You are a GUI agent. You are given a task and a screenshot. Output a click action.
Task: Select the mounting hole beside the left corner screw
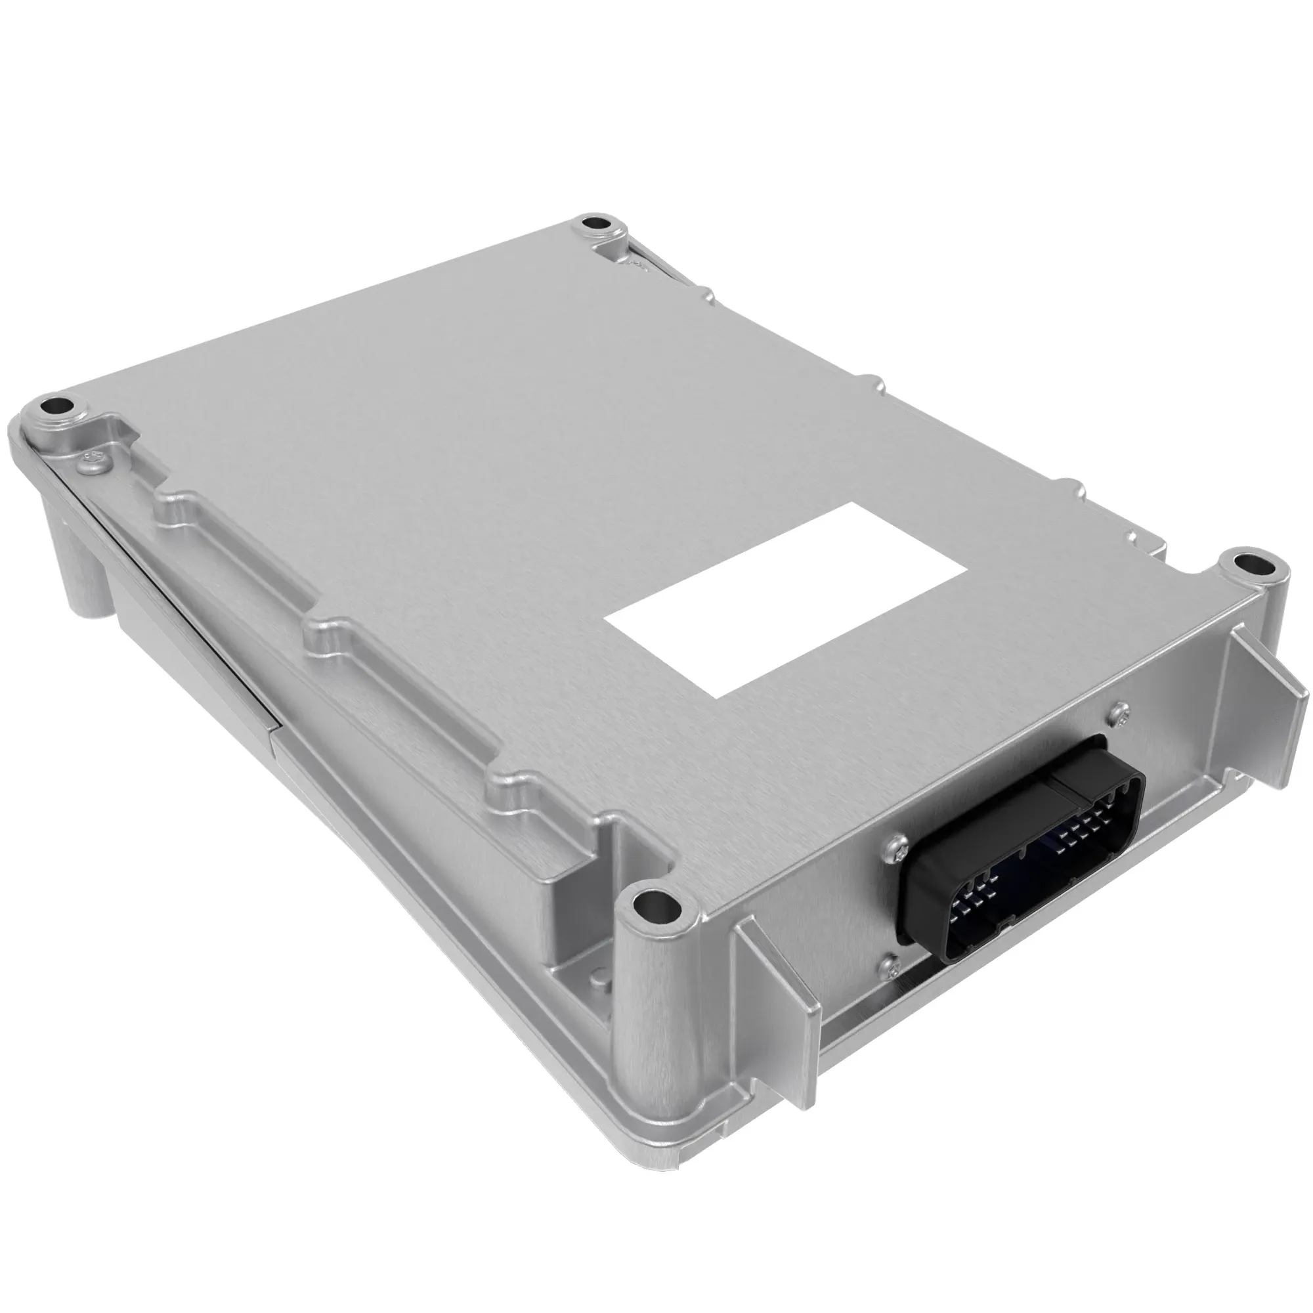pos(53,407)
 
